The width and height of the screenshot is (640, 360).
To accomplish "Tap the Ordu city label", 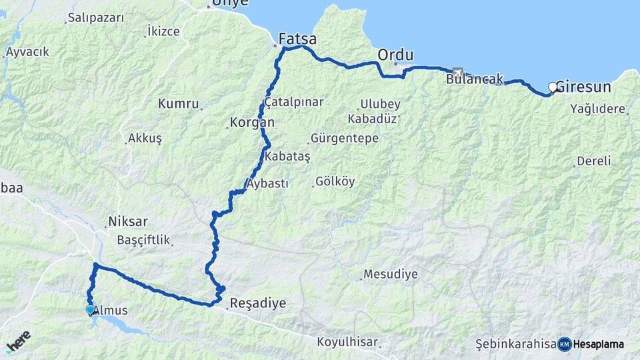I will click(395, 55).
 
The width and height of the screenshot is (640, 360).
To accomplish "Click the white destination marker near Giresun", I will click(553, 87).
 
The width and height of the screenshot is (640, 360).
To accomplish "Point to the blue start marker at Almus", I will click(90, 309).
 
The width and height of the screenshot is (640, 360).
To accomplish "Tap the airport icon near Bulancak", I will click(457, 72).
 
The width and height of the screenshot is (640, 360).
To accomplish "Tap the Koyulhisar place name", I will click(347, 342).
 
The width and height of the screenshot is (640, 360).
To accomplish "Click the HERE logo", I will click(18, 341).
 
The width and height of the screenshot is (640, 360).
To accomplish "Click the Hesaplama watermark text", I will click(598, 344).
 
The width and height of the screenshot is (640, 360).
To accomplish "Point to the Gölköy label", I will click(335, 181).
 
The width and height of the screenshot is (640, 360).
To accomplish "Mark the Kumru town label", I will click(179, 104).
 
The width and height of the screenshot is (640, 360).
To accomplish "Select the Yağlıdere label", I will click(598, 109).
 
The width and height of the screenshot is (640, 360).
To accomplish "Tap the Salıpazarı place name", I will click(96, 18).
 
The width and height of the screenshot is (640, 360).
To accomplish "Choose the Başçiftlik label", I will click(143, 240).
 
